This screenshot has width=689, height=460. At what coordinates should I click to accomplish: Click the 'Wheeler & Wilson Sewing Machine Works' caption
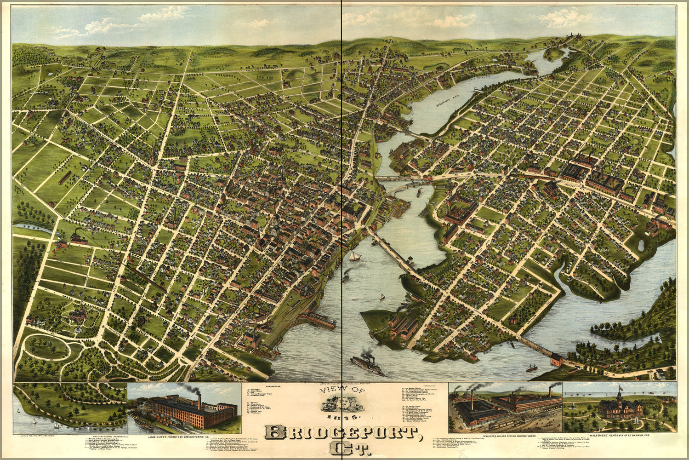point(505,435)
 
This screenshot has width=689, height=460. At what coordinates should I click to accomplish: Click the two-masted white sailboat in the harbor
point(354,256)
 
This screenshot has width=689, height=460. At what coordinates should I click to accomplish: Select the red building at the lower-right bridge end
point(556,359)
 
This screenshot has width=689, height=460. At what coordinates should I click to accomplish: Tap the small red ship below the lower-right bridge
point(531,368)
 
